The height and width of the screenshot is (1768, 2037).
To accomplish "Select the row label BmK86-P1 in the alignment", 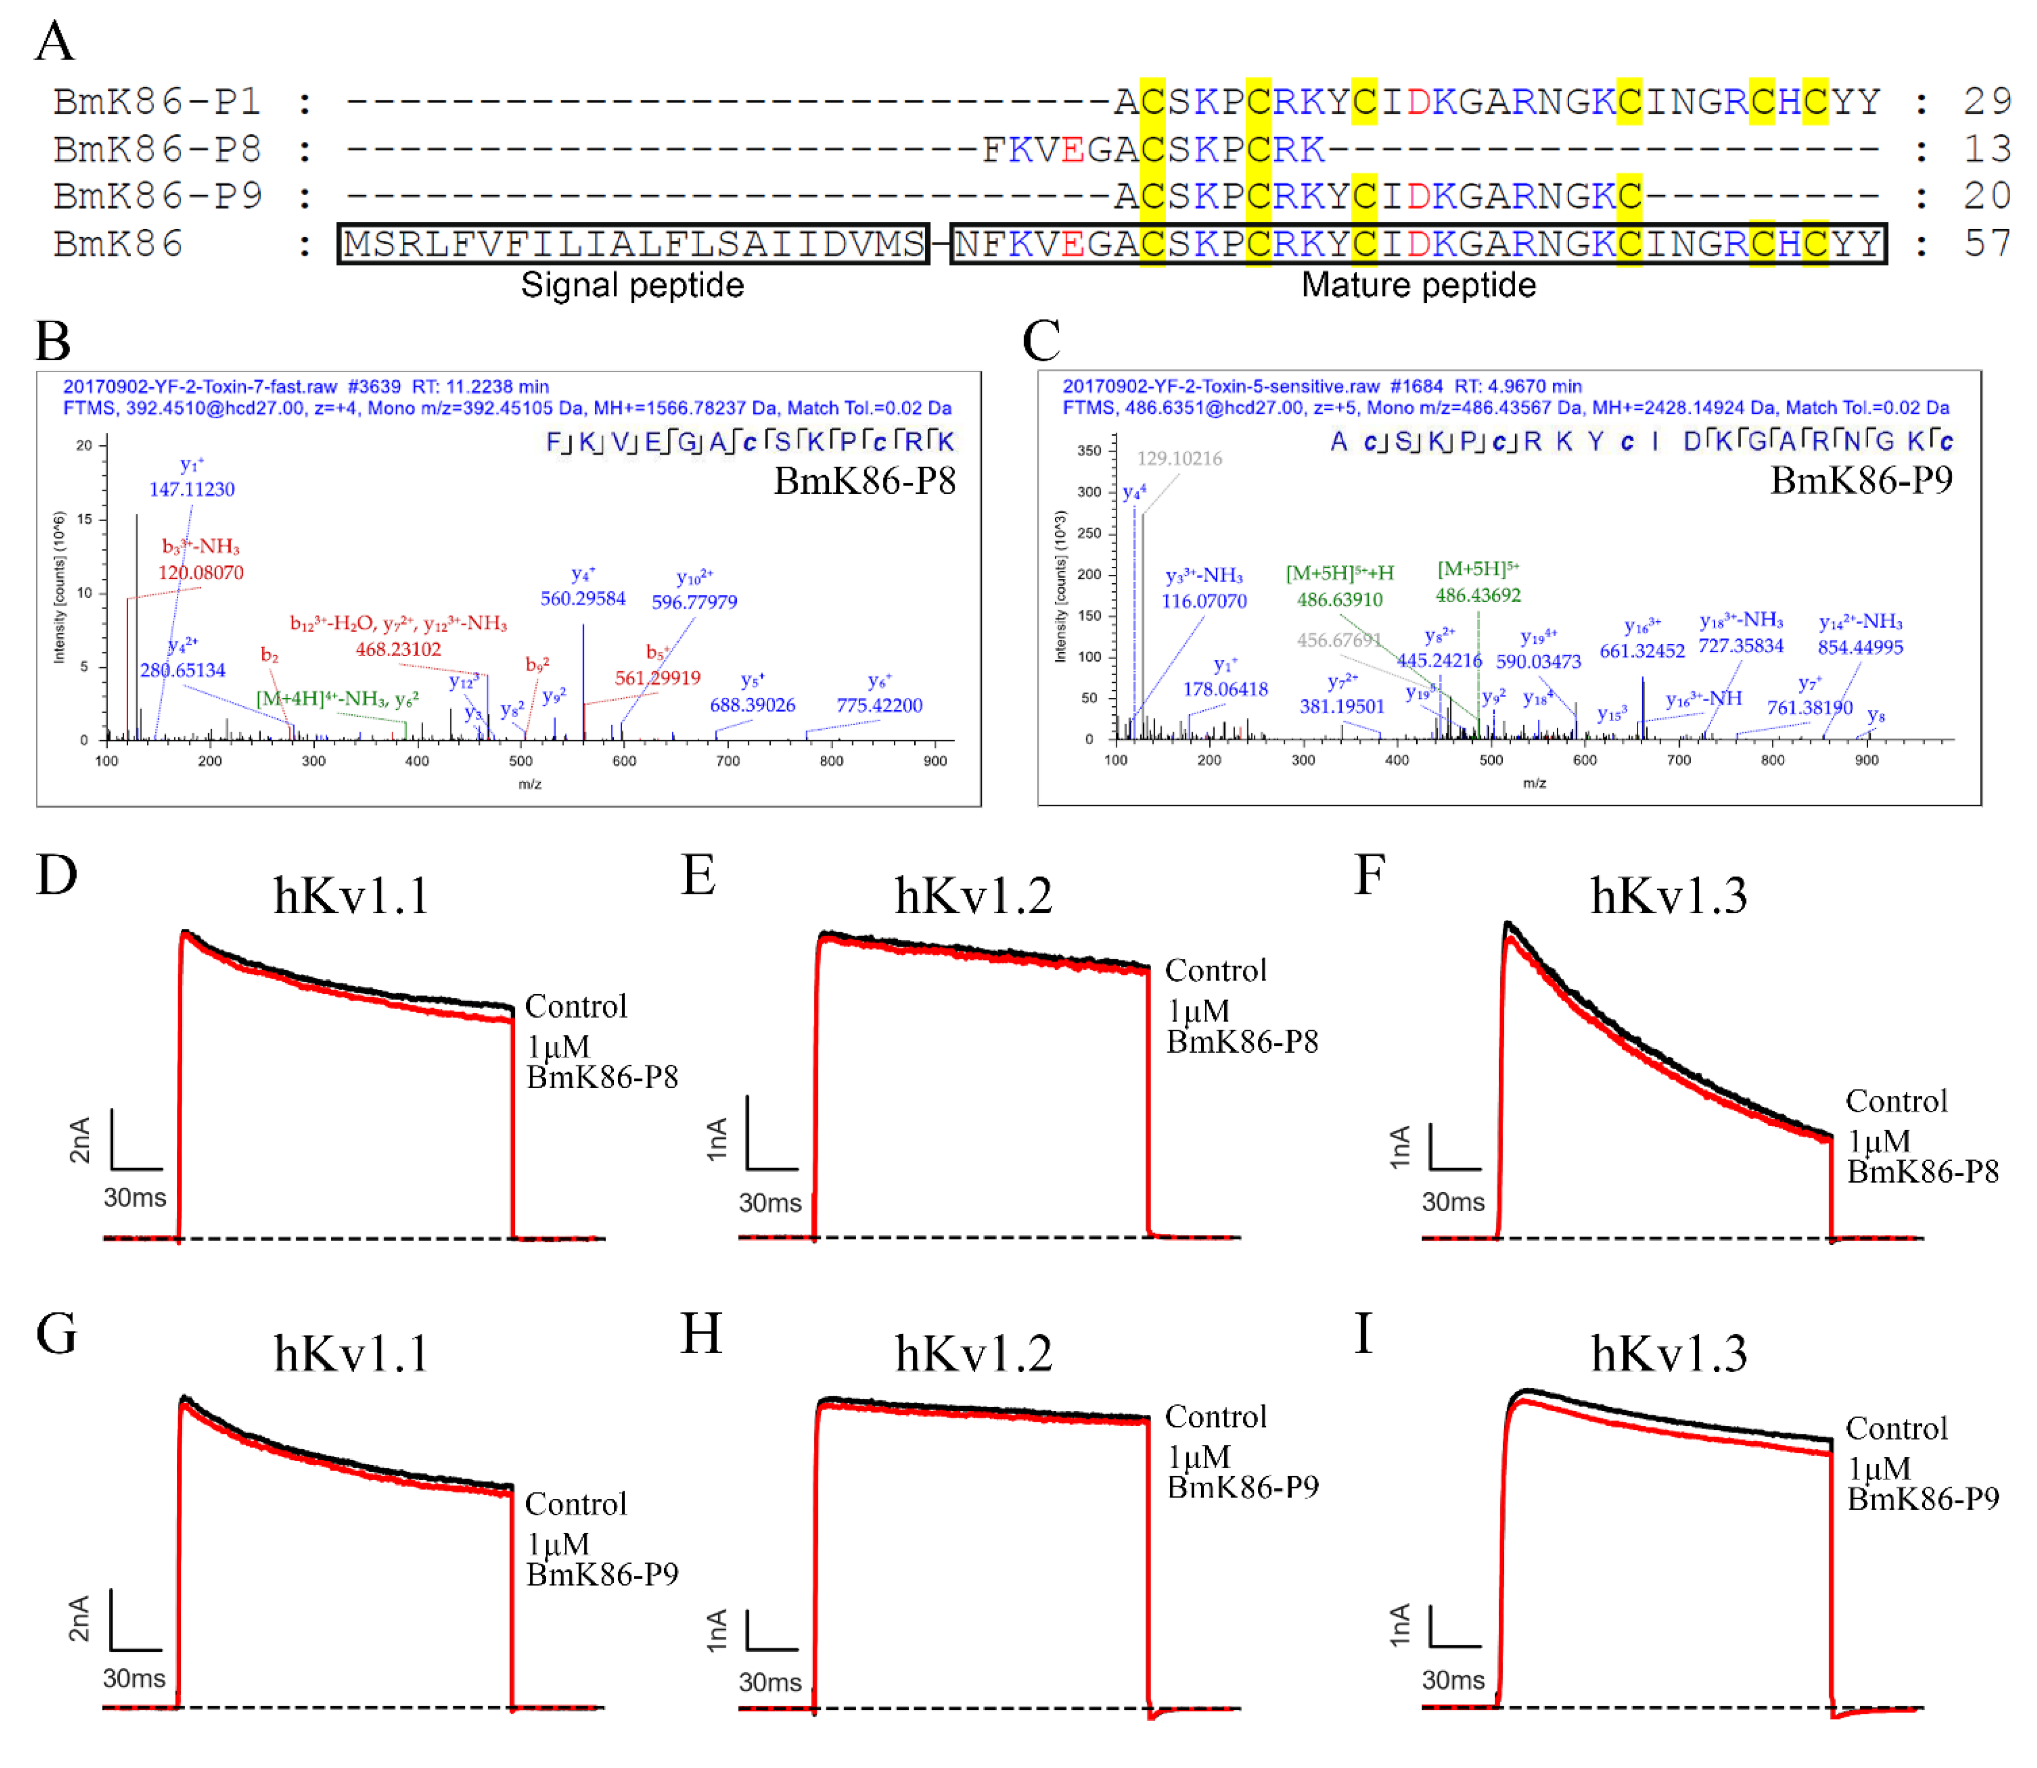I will pyautogui.click(x=158, y=102).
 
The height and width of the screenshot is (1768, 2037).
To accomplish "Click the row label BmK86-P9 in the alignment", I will pyautogui.click(x=158, y=197).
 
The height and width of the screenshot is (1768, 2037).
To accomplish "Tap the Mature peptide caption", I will pyautogui.click(x=1418, y=285).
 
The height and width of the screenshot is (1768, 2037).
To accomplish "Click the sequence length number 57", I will pyautogui.click(x=1987, y=244).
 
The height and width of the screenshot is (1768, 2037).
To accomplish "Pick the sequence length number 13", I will pyautogui.click(x=1987, y=149).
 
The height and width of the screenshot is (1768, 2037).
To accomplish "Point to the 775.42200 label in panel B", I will pyautogui.click(x=879, y=705).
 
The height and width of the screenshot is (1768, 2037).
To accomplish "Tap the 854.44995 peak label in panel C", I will pyautogui.click(x=1860, y=647).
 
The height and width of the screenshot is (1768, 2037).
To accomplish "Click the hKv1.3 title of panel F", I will pyautogui.click(x=1669, y=896).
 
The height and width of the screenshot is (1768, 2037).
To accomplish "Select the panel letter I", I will pyautogui.click(x=1364, y=1334).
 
